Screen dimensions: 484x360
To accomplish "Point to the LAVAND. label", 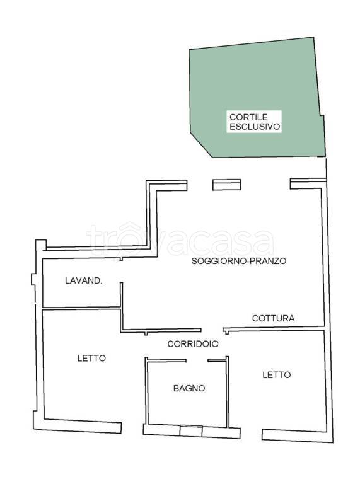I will [x=83, y=280].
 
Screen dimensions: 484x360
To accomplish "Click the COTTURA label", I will [x=274, y=318].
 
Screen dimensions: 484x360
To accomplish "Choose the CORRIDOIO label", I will [x=193, y=344].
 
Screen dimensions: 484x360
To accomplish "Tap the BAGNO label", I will [x=189, y=388].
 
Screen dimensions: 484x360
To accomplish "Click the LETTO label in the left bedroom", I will [x=91, y=358].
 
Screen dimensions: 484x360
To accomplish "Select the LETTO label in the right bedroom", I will [x=277, y=375].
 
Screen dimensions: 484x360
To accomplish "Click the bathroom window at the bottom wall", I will [x=190, y=431].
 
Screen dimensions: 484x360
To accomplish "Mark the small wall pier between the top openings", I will [x=226, y=183].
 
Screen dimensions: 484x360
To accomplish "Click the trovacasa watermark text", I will [x=180, y=239].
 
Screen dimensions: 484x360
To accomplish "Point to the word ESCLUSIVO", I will [x=255, y=126].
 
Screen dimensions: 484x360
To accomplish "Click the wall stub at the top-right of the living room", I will [x=308, y=183].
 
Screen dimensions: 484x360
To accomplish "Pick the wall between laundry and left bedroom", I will [x=81, y=308].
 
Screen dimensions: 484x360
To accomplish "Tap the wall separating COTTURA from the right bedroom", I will [x=274, y=328].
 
